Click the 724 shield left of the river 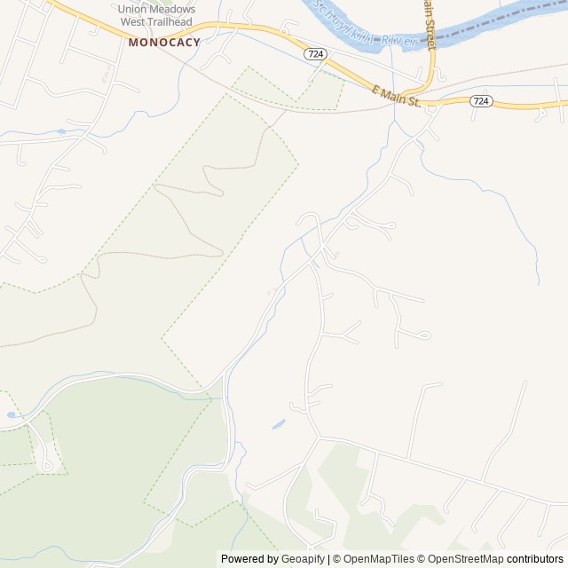click(314, 54)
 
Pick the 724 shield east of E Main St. click(480, 101)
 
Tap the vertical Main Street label click(430, 25)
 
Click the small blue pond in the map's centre click(279, 424)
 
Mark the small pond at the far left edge click(12, 414)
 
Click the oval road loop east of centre click(421, 335)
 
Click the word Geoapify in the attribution click(304, 559)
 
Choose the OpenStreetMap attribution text click(461, 559)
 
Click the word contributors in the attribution click(535, 559)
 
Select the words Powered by click(248, 559)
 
